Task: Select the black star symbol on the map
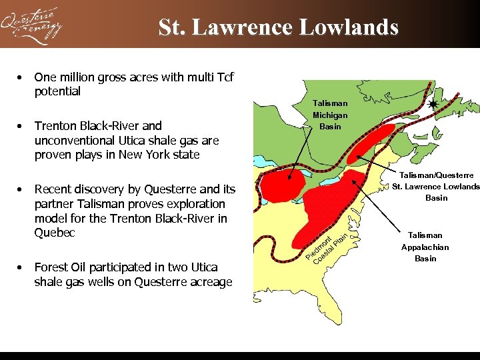pos(433,105)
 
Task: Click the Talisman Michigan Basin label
pos(330,115)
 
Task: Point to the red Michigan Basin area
pos(283,185)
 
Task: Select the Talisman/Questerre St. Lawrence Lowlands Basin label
pos(436,186)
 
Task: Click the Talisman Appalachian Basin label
pos(425,247)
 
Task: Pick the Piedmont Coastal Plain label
pos(326,247)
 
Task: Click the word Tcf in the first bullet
pos(223,77)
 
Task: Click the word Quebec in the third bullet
pos(55,233)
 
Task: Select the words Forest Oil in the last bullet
pos(59,267)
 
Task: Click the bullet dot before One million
pos(22,77)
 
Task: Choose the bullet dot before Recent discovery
pos(22,189)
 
